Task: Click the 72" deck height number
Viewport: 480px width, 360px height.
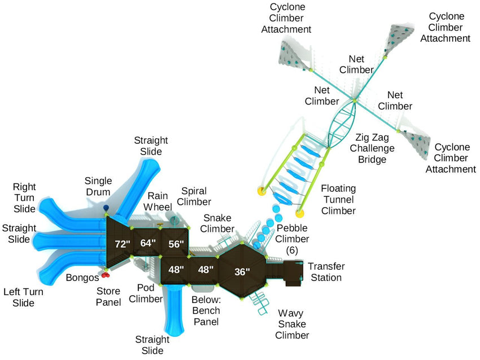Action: coord(122,244)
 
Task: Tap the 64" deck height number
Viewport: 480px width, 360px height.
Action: coord(147,244)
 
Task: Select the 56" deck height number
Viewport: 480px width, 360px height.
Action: coord(176,244)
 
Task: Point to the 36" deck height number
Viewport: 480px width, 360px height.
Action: coord(242,271)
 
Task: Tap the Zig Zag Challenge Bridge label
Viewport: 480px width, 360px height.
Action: coord(371,148)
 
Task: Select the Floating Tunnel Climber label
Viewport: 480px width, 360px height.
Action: coord(338,199)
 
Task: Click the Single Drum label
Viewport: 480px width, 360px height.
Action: coord(99,187)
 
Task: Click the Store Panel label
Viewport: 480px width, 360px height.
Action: coord(108,297)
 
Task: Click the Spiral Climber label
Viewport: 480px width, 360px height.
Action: coord(196,196)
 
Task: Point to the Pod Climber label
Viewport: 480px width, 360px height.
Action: coord(146,293)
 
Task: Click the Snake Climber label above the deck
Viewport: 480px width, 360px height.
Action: coord(219,223)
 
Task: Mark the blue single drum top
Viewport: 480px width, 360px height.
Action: coord(106,210)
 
